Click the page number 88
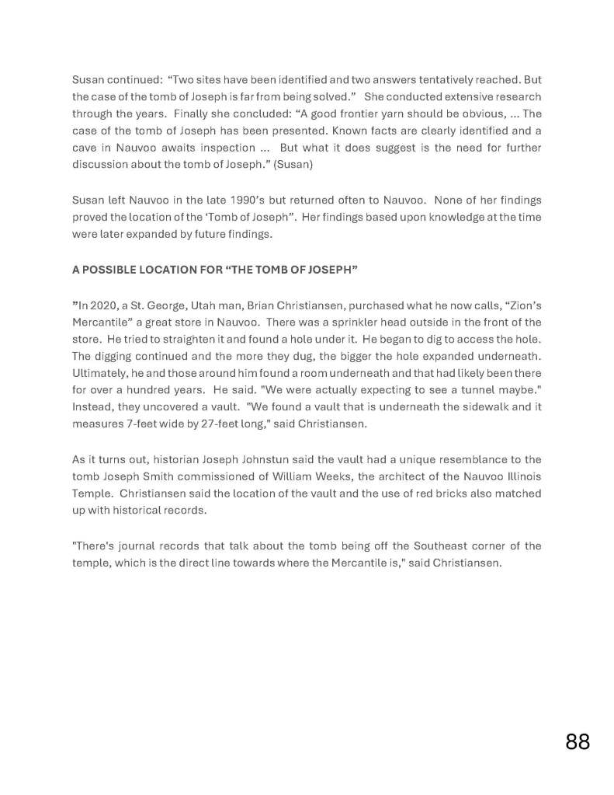(x=578, y=741)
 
